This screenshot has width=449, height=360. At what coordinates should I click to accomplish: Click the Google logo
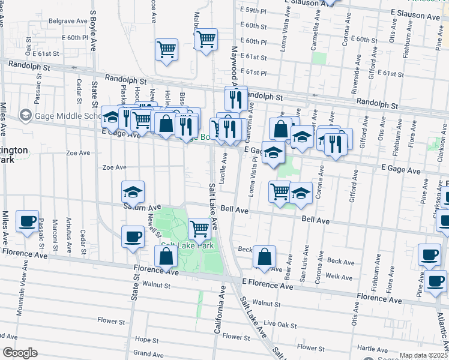click(19, 352)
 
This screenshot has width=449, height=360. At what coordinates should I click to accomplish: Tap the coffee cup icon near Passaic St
click(28, 221)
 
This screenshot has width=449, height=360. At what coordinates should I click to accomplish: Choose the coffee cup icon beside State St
click(133, 236)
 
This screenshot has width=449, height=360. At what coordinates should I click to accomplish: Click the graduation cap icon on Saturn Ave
click(133, 192)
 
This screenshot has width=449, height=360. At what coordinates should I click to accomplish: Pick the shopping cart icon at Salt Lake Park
click(199, 228)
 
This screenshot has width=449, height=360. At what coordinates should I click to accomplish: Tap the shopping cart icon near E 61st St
click(167, 50)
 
